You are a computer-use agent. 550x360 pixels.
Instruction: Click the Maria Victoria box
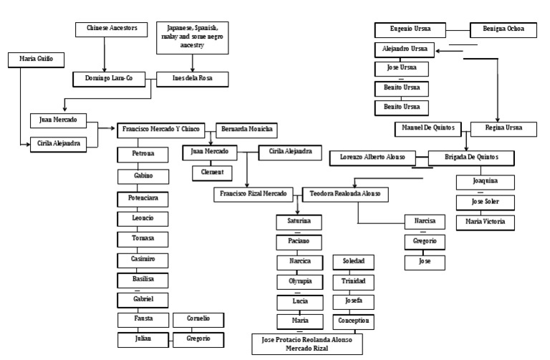tap(484, 222)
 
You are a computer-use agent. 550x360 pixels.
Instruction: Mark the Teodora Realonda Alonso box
tap(345, 193)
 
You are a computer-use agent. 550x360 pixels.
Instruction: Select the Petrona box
tap(144, 153)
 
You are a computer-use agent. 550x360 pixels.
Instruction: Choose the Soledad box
tap(352, 262)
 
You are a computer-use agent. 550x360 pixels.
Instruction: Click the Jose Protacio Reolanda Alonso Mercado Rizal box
tap(307, 344)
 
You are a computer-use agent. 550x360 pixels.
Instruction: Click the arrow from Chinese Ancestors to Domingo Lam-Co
tap(106, 54)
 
